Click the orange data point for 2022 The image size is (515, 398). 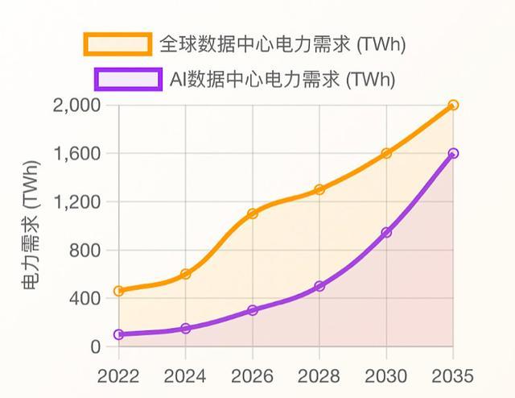coord(119,291)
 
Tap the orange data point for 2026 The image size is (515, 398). coord(253,214)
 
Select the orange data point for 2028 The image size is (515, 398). coord(319,189)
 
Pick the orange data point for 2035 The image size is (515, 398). coord(453,105)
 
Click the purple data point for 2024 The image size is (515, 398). coord(186,329)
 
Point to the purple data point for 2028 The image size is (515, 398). coord(319,286)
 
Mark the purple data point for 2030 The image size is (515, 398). coord(386,232)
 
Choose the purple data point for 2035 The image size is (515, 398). coord(453,153)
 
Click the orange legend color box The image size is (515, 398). coord(117,44)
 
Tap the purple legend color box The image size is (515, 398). coord(127,79)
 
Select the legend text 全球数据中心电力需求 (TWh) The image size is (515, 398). coord(282,44)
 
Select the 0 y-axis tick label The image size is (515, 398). coord(95,346)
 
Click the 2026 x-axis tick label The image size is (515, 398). coord(253,375)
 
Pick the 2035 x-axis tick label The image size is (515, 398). coord(453,375)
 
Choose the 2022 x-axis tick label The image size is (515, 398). coord(119,375)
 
